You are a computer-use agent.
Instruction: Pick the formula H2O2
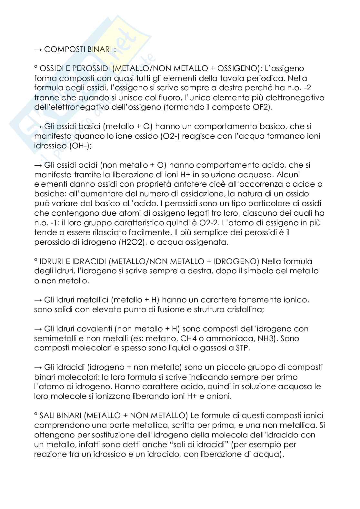pyautogui.click(x=121, y=242)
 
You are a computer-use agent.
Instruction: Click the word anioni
pyautogui.click(x=219, y=396)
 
